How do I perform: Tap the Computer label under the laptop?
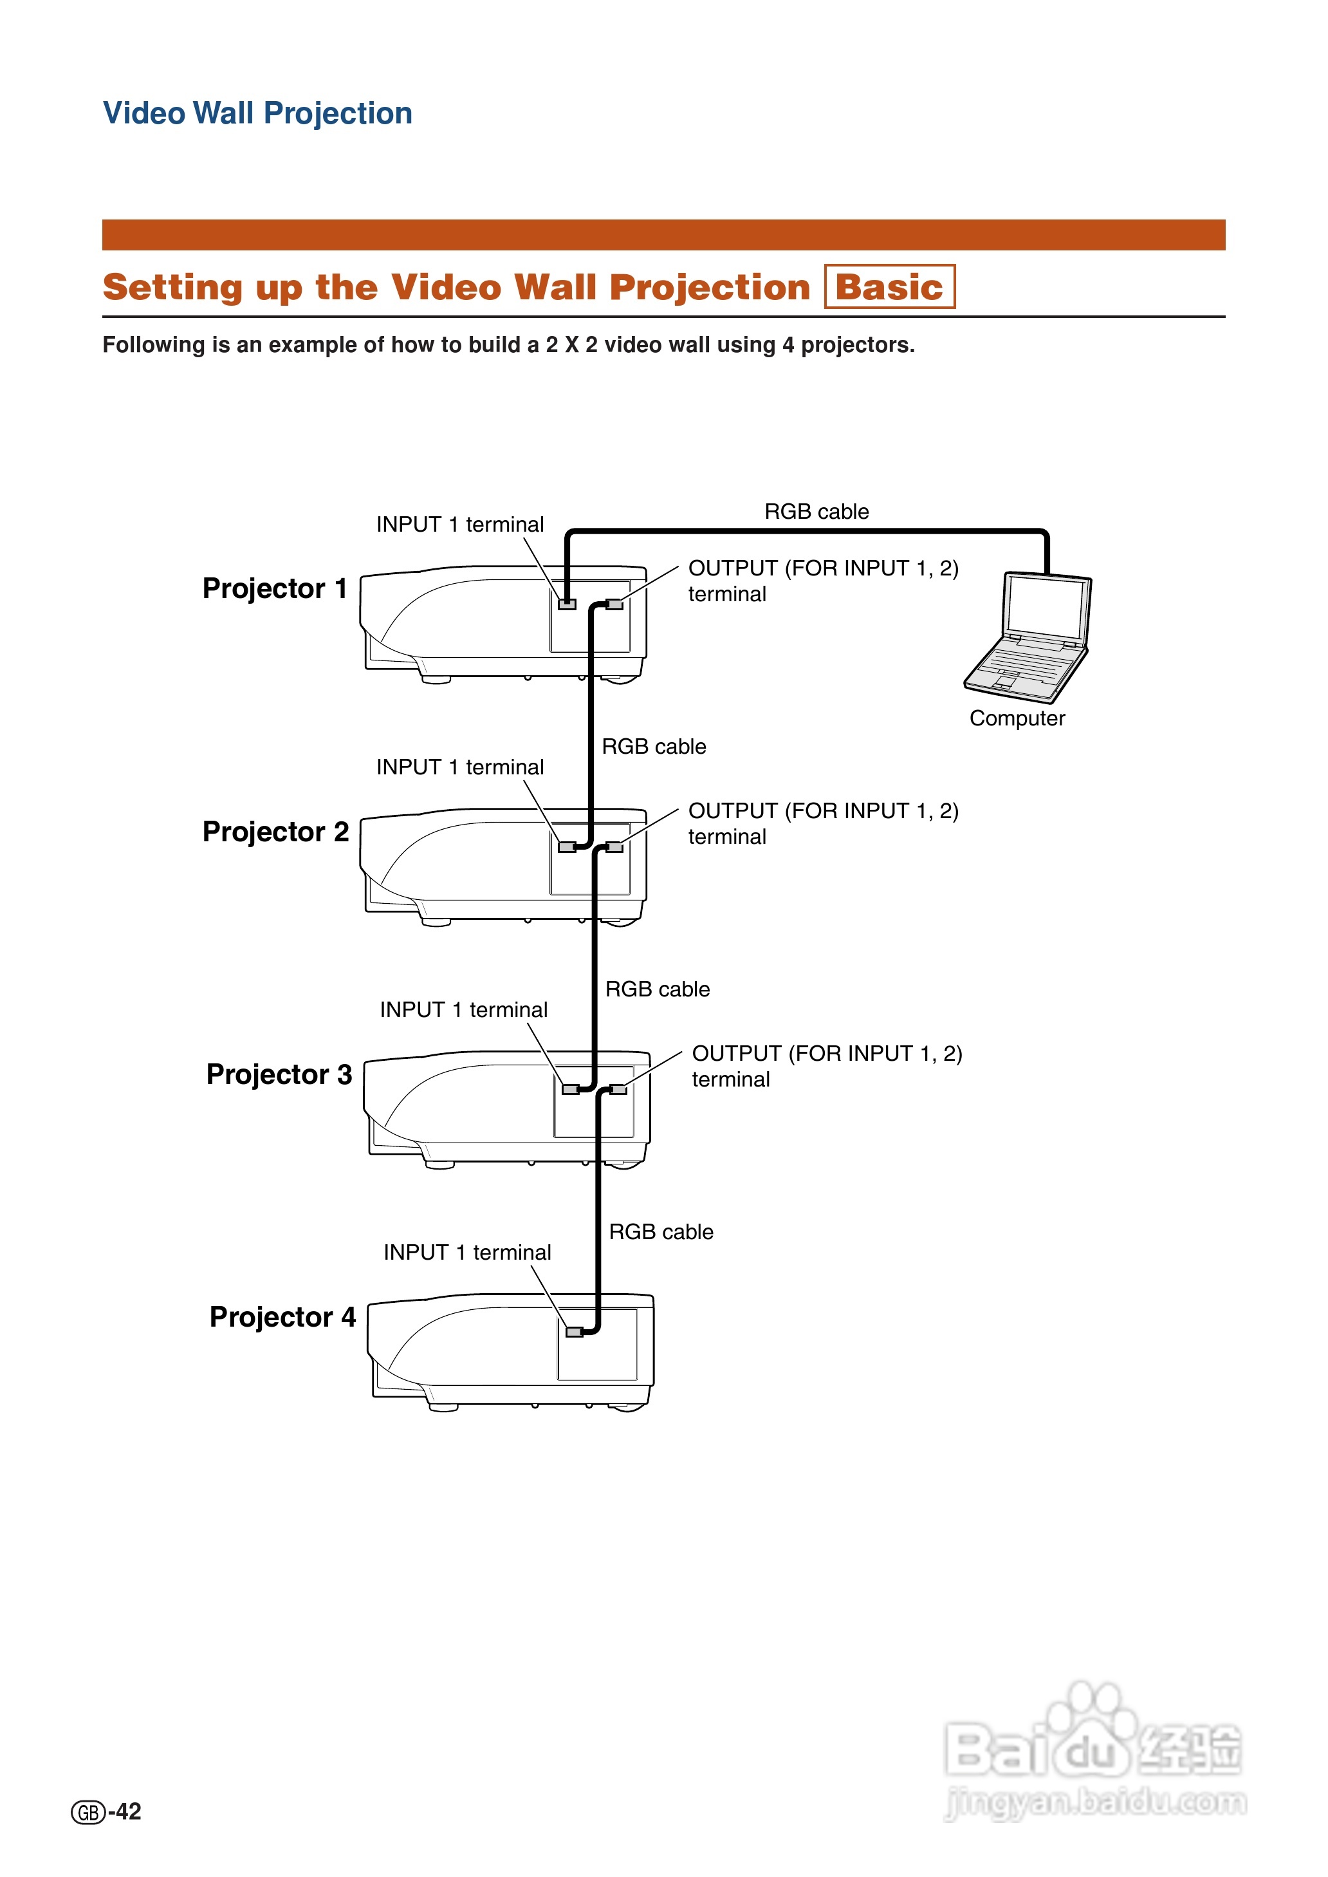click(x=1017, y=718)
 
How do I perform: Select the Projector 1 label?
click(x=275, y=588)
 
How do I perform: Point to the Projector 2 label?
click(x=275, y=831)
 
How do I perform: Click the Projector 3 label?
click(x=279, y=1074)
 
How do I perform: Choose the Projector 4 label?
click(x=282, y=1317)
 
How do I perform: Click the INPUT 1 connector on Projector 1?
click(x=567, y=604)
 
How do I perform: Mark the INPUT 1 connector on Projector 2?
click(x=567, y=847)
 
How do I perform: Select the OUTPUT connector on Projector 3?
click(x=619, y=1089)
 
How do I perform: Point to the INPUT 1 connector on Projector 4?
click(x=574, y=1332)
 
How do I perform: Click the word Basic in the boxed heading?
click(x=889, y=287)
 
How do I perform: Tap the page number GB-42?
click(x=106, y=1811)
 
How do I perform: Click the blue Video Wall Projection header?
click(x=257, y=113)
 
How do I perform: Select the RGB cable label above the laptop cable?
click(x=816, y=511)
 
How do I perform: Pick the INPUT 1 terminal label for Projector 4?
click(x=467, y=1252)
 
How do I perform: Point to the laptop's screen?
click(x=1046, y=605)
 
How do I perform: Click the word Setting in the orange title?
click(x=172, y=288)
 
